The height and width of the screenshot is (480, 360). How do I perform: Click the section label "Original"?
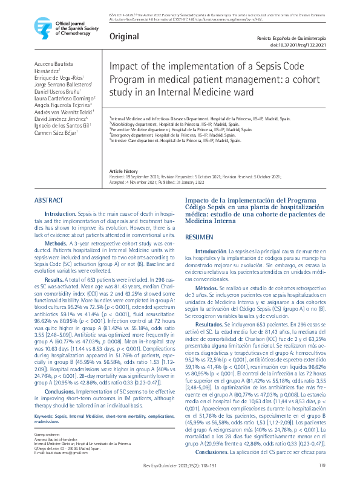123,37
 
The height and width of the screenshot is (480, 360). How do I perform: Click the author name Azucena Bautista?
53,63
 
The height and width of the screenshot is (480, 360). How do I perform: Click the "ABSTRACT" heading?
48,200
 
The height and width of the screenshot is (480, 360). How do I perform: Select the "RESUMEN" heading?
199,238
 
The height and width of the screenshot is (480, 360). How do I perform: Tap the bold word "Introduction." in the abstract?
61,214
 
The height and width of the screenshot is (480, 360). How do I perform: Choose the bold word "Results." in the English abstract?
54,280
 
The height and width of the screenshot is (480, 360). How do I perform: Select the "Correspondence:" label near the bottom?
47,418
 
